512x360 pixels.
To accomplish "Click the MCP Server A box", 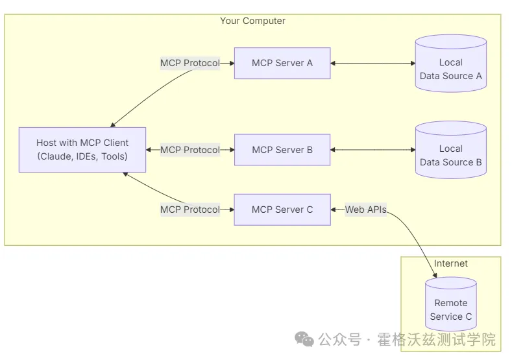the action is (x=282, y=63).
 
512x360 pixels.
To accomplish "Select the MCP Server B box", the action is (x=282, y=150).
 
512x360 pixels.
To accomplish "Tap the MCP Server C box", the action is (x=282, y=210).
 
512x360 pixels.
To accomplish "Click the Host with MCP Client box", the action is (x=82, y=150).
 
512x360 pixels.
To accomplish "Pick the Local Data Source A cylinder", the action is (x=450, y=64).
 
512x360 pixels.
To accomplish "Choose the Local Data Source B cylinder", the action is (x=450, y=150).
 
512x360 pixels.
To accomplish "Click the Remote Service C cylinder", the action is (x=450, y=304).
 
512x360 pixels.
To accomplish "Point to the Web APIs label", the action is (x=366, y=210).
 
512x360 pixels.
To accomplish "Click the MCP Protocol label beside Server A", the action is (x=190, y=63).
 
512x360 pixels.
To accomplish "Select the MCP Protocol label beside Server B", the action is (x=190, y=150).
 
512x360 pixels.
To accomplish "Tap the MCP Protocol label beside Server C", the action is (x=190, y=210).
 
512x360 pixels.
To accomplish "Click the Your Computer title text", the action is (x=252, y=21).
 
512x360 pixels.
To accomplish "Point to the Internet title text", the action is (x=450, y=263).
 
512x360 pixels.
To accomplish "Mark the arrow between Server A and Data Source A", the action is (x=372, y=64).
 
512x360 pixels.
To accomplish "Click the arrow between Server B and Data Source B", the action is (x=372, y=150).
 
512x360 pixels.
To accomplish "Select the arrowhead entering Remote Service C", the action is (x=435, y=275).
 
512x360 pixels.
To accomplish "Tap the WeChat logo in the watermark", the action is (x=304, y=339).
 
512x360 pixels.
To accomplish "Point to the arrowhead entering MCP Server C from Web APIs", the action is (x=333, y=210).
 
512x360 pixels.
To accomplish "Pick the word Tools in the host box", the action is (x=113, y=156).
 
